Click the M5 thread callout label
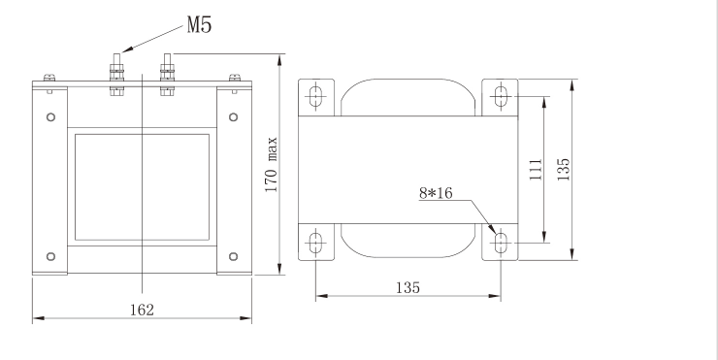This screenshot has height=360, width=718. click(199, 24)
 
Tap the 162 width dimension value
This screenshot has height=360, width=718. click(142, 311)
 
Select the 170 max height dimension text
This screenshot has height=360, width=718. click(272, 164)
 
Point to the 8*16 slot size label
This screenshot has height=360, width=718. click(436, 193)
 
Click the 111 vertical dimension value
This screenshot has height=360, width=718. click(537, 169)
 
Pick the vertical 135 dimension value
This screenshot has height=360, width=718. click(563, 169)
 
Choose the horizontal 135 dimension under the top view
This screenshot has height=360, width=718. click(408, 287)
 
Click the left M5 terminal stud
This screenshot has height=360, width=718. click(116, 75)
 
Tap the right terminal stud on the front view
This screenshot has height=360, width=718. click(167, 75)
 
